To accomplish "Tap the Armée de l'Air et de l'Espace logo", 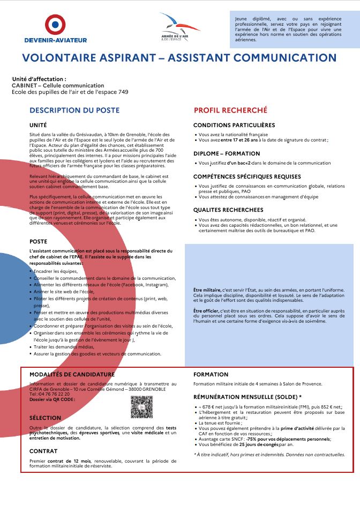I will pos(179,27).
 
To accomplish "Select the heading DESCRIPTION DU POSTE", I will pos(74,110).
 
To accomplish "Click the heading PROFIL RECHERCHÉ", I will pos(230,110).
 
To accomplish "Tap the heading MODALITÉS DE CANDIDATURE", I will pos(72,374).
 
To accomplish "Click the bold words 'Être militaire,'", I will pos(206,290).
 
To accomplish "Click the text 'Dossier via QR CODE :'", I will pos(52,399).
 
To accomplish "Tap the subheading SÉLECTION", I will pos(45,418).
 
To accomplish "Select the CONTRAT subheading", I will pos(43,451).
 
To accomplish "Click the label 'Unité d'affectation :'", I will pos(39,79).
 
